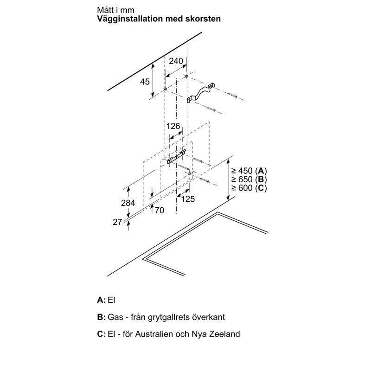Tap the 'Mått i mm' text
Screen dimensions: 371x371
tap(115, 10)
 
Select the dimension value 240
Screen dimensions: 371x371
tap(176, 61)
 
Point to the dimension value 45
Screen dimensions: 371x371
tap(145, 82)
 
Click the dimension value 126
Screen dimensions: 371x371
tap(173, 126)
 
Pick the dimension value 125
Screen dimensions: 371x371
tap(188, 199)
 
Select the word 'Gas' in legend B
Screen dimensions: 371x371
tap(115, 317)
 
